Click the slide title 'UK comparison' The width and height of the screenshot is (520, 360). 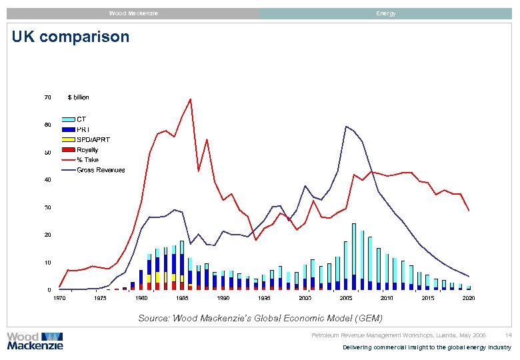click(x=71, y=37)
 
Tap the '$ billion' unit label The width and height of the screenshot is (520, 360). click(x=78, y=97)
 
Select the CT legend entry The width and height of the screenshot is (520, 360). click(x=83, y=119)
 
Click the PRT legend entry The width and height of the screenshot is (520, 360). click(x=84, y=129)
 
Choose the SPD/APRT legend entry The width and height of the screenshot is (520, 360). click(x=93, y=139)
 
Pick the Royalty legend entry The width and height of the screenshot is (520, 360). click(x=87, y=150)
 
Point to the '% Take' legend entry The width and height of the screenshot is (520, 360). click(x=87, y=160)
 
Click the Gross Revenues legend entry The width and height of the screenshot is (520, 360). click(x=100, y=170)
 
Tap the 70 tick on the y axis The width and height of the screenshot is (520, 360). click(x=47, y=97)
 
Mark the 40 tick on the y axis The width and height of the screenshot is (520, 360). click(x=47, y=180)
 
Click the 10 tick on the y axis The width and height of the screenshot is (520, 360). click(x=47, y=263)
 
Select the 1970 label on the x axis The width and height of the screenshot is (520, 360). click(x=59, y=298)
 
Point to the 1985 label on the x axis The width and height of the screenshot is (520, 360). click(x=182, y=298)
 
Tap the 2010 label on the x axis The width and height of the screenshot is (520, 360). click(x=387, y=298)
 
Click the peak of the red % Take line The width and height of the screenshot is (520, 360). click(x=190, y=99)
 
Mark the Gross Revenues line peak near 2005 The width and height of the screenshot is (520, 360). click(x=346, y=127)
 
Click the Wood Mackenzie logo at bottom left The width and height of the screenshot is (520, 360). click(x=35, y=341)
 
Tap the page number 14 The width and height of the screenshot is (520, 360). click(x=508, y=335)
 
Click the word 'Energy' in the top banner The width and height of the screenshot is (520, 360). click(x=385, y=13)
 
